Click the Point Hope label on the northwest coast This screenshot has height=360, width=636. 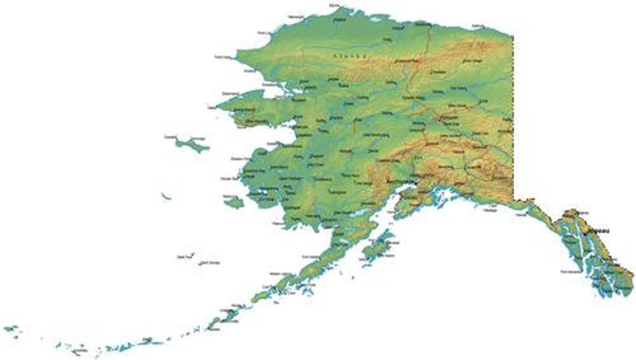(x=222, y=57)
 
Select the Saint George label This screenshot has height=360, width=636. (x=210, y=263)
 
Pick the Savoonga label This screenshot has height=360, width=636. (x=199, y=138)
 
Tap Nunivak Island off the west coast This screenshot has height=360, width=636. (x=234, y=203)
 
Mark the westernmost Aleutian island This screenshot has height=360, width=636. (x=10, y=328)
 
